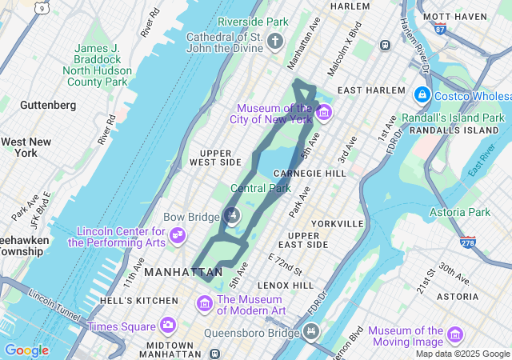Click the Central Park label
[261, 189]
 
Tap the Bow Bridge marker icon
[232, 214]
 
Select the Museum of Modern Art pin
[204, 304]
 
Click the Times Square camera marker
[167, 325]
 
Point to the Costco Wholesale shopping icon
[422, 95]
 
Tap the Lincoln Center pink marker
[178, 235]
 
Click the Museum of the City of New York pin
[324, 112]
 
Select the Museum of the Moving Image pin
[455, 334]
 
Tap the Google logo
[26, 350]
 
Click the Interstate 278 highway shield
[467, 240]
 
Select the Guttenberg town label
[48, 105]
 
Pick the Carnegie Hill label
[309, 173]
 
